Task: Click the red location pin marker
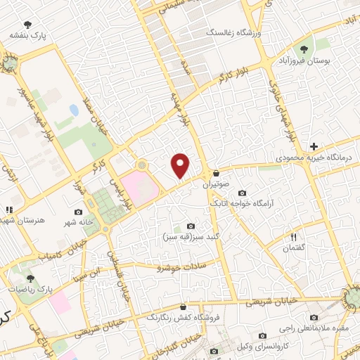point(181,165)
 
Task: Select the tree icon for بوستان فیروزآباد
point(303,49)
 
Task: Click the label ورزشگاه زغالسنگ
point(233,33)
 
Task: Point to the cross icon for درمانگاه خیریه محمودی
point(314,146)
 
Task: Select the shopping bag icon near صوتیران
point(216,173)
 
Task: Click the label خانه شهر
point(77,222)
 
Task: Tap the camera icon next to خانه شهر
point(78,211)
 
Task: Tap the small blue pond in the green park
point(74,110)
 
